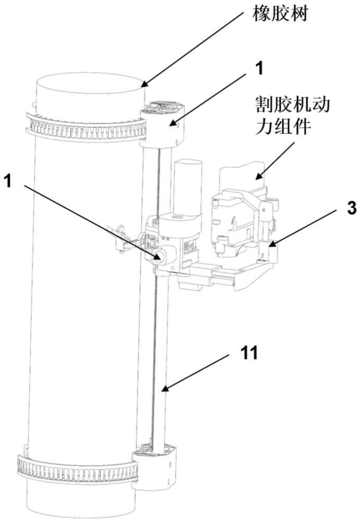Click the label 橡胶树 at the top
click(280, 14)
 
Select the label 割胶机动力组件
click(293, 115)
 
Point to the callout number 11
click(249, 352)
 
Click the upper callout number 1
click(258, 68)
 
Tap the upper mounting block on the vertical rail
click(161, 125)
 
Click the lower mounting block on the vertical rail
click(154, 468)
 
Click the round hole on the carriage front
click(159, 256)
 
